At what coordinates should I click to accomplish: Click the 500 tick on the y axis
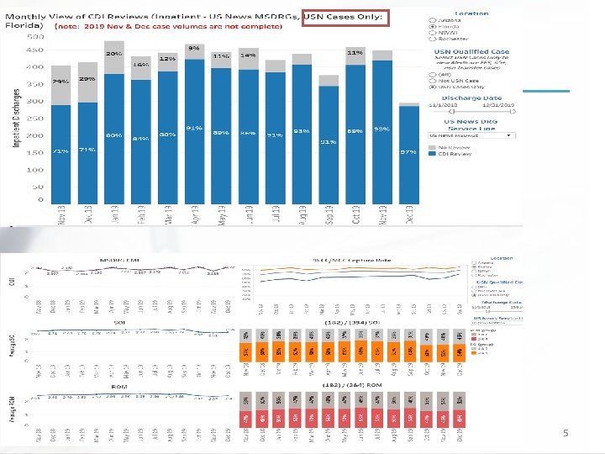pyautogui.click(x=36, y=38)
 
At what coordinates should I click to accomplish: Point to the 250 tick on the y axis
pyautogui.click(x=36, y=119)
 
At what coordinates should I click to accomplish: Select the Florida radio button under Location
pyautogui.click(x=433, y=26)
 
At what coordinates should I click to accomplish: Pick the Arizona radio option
pyautogui.click(x=433, y=19)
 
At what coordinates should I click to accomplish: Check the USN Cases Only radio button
pyautogui.click(x=433, y=87)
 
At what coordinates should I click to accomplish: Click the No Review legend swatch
pyautogui.click(x=432, y=148)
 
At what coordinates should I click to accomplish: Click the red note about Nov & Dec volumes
pyautogui.click(x=167, y=27)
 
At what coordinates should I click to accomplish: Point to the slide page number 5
pyautogui.click(x=566, y=433)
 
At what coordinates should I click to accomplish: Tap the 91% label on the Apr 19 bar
pyautogui.click(x=194, y=129)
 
